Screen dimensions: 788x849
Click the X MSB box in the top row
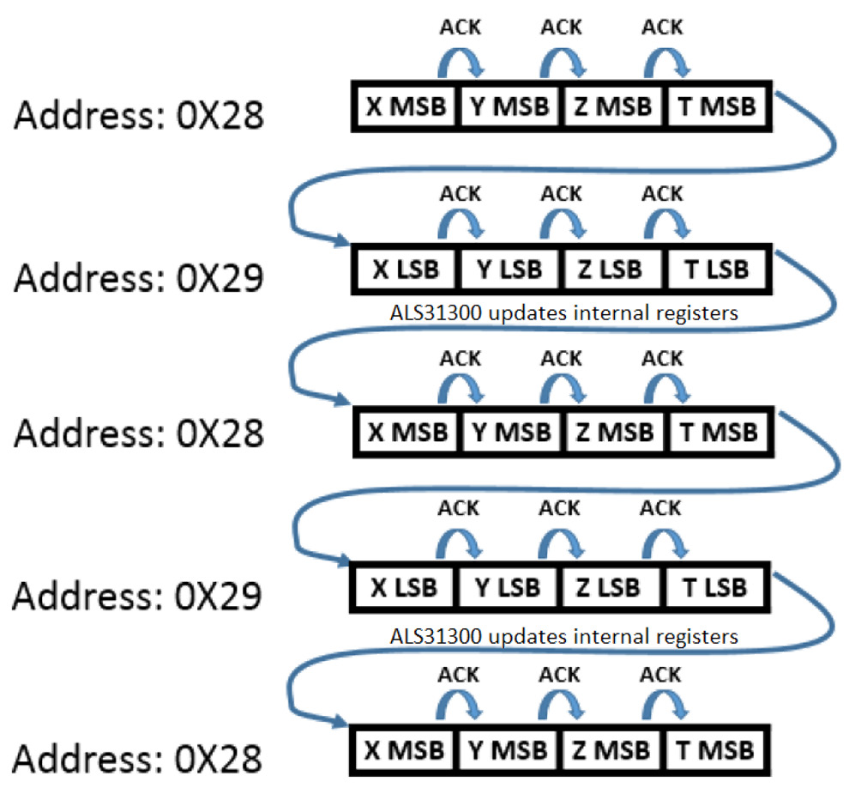(406, 106)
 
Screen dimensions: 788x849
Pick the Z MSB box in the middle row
(613, 431)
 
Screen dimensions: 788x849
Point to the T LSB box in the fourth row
(715, 587)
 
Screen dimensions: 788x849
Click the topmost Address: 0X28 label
(138, 114)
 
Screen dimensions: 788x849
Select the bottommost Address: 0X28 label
(138, 758)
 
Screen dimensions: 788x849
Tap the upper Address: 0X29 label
(138, 276)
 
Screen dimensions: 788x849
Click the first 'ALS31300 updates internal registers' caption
(563, 313)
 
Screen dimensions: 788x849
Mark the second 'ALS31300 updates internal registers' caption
(563, 636)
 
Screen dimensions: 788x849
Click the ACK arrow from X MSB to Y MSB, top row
(461, 62)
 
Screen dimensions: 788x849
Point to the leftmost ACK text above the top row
(461, 28)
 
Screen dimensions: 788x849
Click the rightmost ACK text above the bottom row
(662, 672)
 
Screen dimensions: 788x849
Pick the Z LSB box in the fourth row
(611, 587)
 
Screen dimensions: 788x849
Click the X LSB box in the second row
(406, 269)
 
